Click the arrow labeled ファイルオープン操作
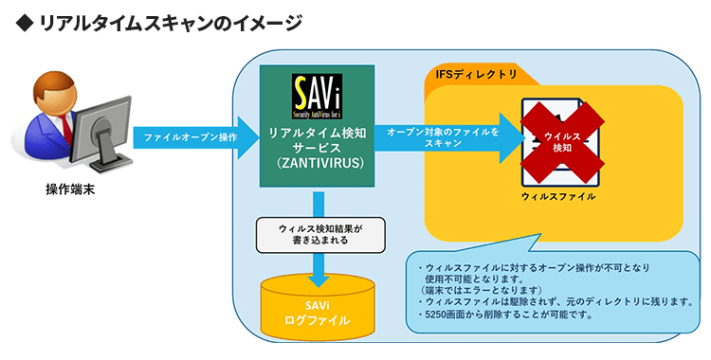tap(194, 138)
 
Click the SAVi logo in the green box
tap(317, 96)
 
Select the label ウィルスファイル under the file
tap(559, 196)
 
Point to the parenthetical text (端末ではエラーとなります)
tap(483, 289)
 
